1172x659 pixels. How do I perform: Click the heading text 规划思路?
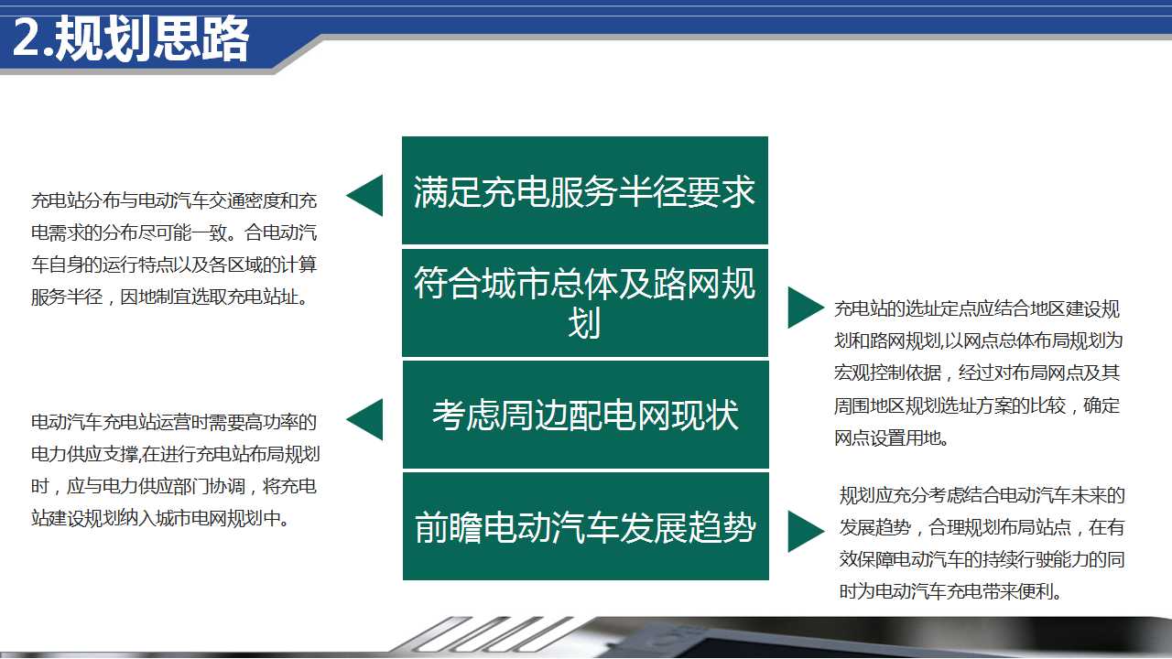(152, 38)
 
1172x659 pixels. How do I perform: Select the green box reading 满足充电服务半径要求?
(585, 190)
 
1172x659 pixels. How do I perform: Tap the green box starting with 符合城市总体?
(585, 303)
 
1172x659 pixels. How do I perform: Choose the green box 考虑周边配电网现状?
(585, 415)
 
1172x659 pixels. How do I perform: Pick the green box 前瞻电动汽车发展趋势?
(585, 526)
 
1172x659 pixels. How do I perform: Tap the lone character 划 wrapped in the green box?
(584, 324)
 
